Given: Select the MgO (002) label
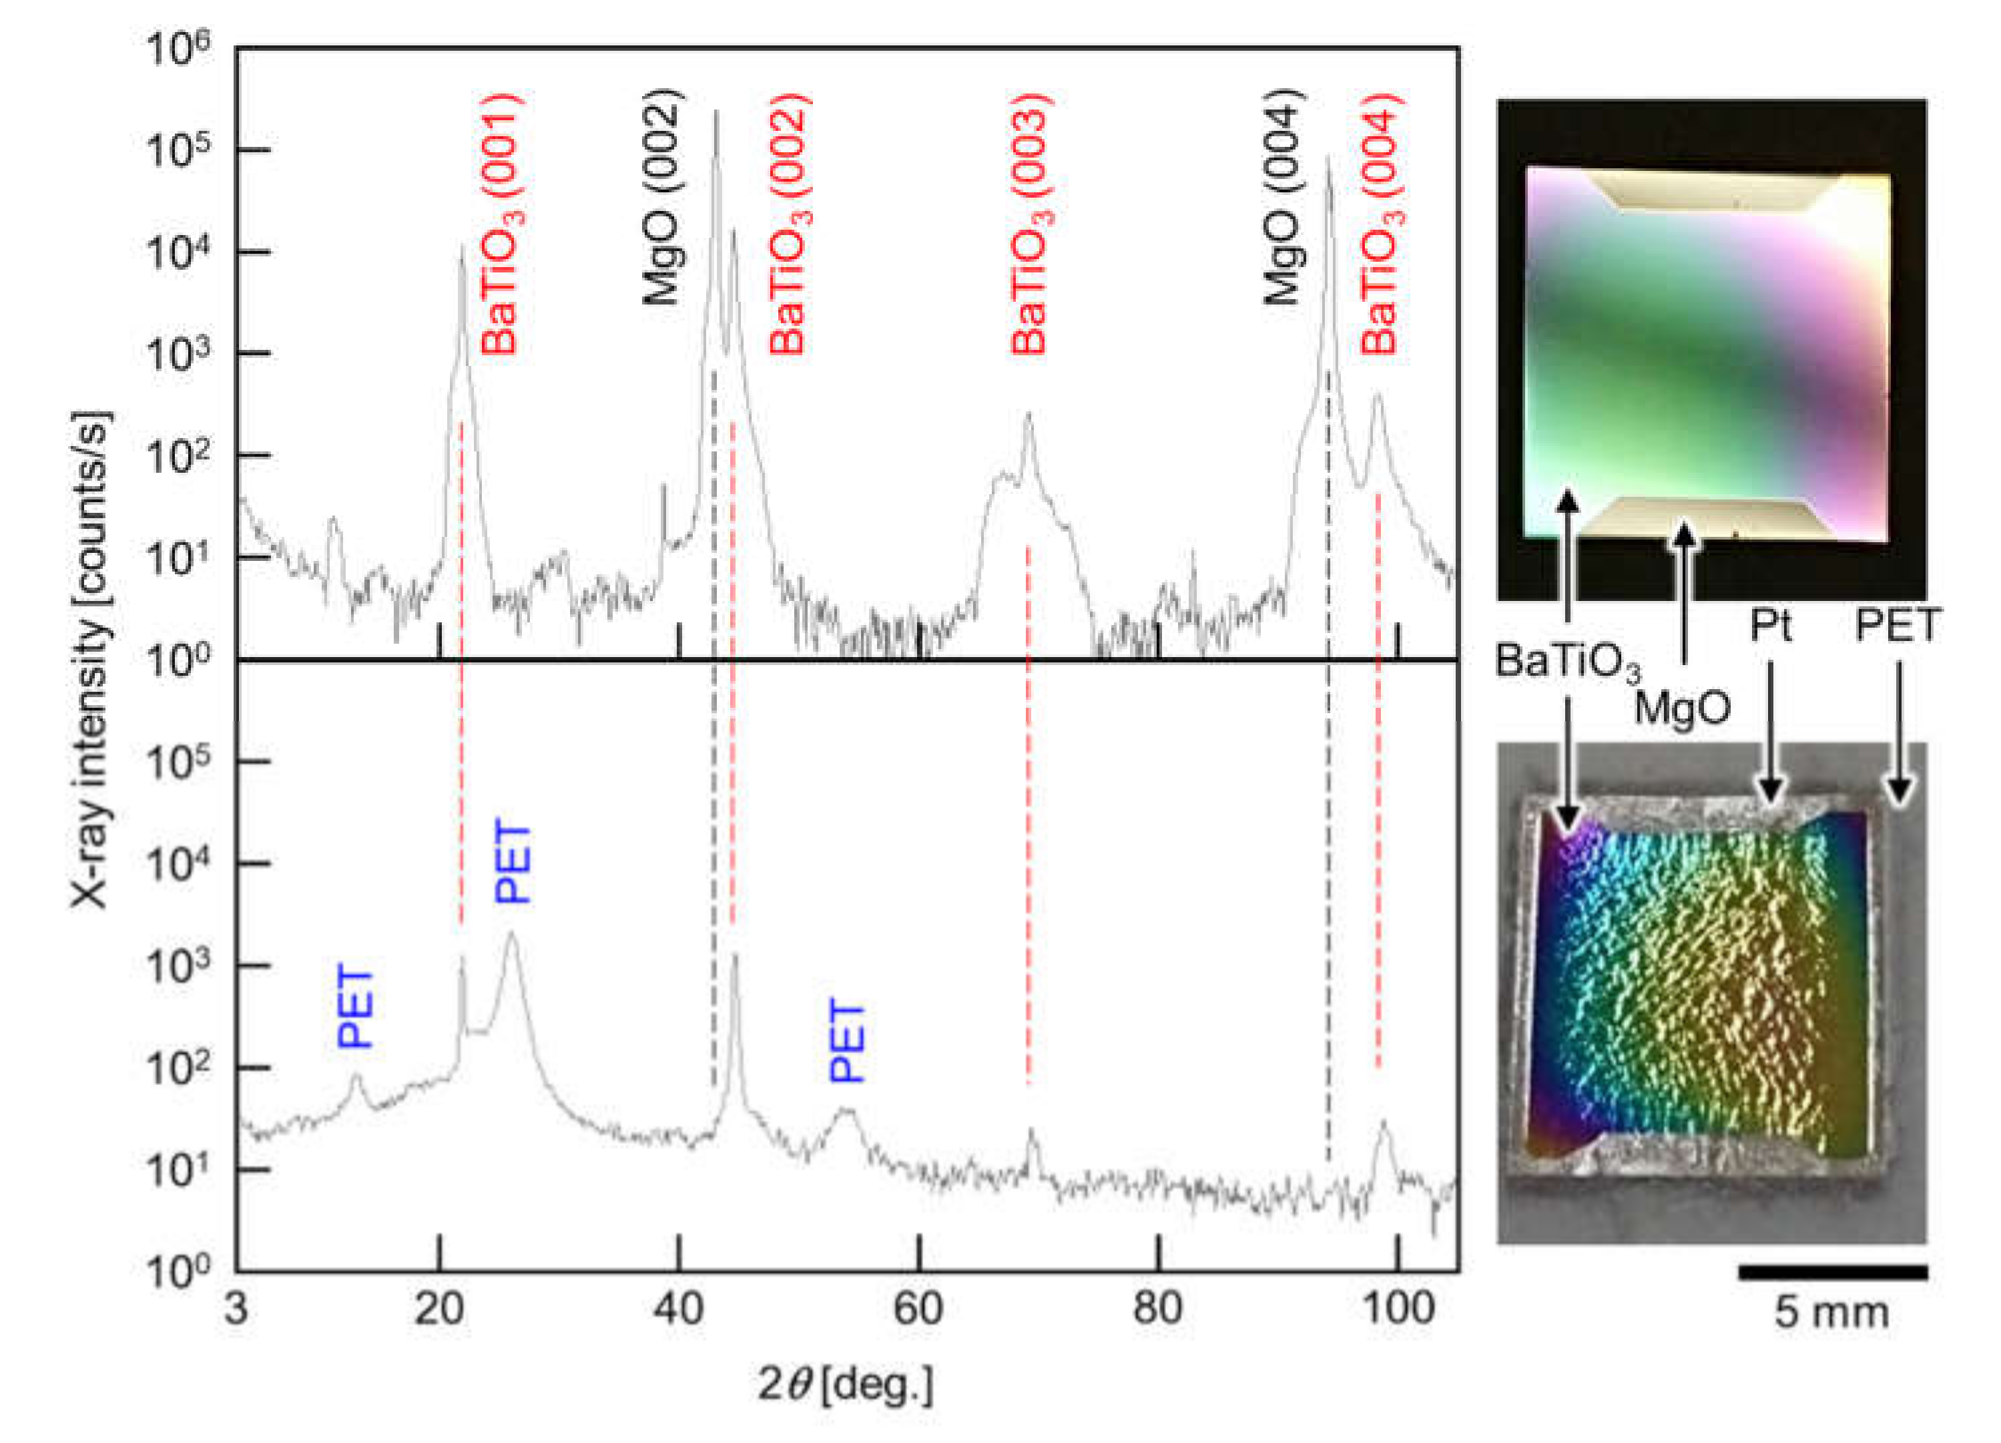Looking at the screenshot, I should pyautogui.click(x=661, y=197).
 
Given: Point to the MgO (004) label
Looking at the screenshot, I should pyautogui.click(x=1283, y=197).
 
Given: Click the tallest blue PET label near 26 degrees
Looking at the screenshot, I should pyautogui.click(x=513, y=861).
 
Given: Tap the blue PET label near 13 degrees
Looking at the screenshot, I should pyautogui.click(x=356, y=1007).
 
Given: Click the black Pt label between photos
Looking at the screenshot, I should pyautogui.click(x=1770, y=626).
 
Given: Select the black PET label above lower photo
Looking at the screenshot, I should pyautogui.click(x=1897, y=626).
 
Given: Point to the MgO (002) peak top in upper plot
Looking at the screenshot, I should pyautogui.click(x=716, y=112).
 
